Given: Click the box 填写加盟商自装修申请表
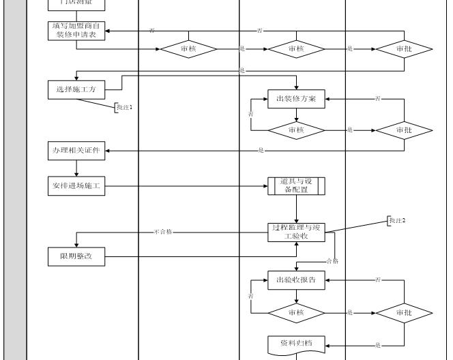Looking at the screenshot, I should point(77,31).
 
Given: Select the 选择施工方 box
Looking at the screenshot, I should point(77,89).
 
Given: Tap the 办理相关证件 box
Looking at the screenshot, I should point(77,151).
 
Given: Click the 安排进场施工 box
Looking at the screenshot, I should point(77,186).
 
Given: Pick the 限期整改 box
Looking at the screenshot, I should point(77,256).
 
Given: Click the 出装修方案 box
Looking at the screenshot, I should point(296,100).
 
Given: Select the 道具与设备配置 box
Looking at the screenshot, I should point(296,186).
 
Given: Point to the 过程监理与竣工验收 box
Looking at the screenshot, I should point(296,232).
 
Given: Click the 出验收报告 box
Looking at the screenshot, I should point(296,280).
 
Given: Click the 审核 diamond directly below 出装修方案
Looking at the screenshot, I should point(296,130).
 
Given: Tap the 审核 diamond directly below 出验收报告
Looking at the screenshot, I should point(296,312).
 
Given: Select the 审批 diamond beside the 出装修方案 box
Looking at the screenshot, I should point(404,130).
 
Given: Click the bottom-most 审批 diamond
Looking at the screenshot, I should point(404,312).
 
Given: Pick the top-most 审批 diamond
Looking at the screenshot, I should point(404,49).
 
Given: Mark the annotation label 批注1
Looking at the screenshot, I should point(124,107).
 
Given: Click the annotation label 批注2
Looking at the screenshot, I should point(397,220).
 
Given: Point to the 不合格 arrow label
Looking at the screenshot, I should point(163,232).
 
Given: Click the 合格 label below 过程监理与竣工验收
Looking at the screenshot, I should point(332,261).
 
